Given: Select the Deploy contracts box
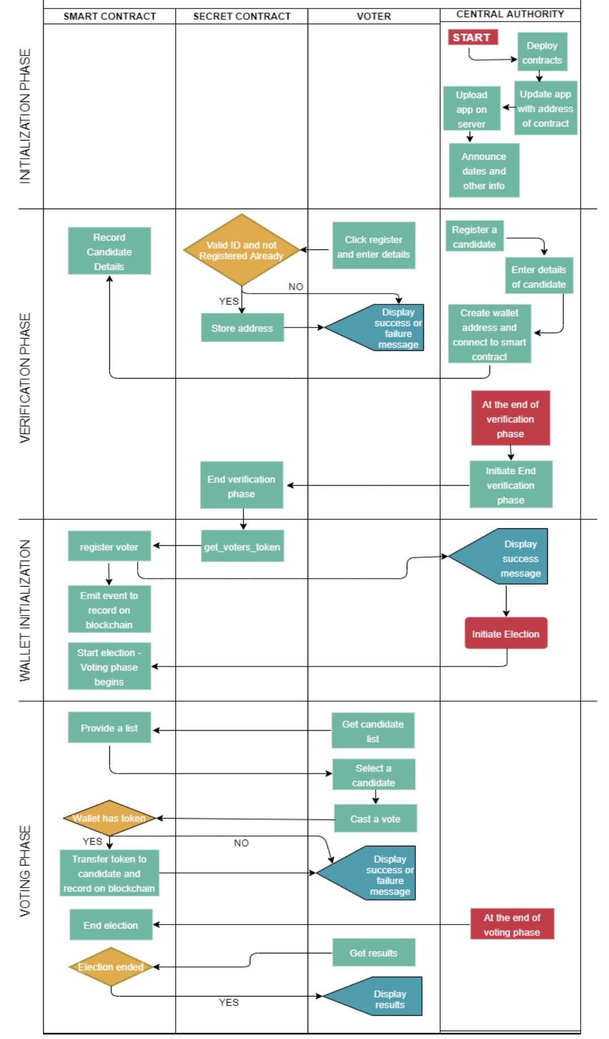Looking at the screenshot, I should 542,52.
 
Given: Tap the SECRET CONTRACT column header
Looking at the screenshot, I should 241,16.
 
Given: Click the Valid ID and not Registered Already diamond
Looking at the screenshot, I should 241,250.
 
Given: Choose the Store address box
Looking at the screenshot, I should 242,328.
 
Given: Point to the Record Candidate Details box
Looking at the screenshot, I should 109,251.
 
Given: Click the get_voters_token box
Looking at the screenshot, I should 242,546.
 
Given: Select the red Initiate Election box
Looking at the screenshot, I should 505,633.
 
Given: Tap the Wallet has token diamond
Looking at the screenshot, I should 109,818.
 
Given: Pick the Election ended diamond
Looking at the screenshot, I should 110,966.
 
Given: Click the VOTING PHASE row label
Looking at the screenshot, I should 25,871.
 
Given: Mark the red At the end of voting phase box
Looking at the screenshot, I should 512,924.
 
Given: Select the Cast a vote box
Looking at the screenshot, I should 375,819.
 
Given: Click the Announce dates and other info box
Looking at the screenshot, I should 484,171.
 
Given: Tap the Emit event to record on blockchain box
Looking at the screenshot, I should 109,609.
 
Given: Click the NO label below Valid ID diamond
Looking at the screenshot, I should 295,286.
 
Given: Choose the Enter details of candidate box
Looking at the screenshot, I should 538,276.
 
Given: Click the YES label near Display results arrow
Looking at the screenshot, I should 228,1002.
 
